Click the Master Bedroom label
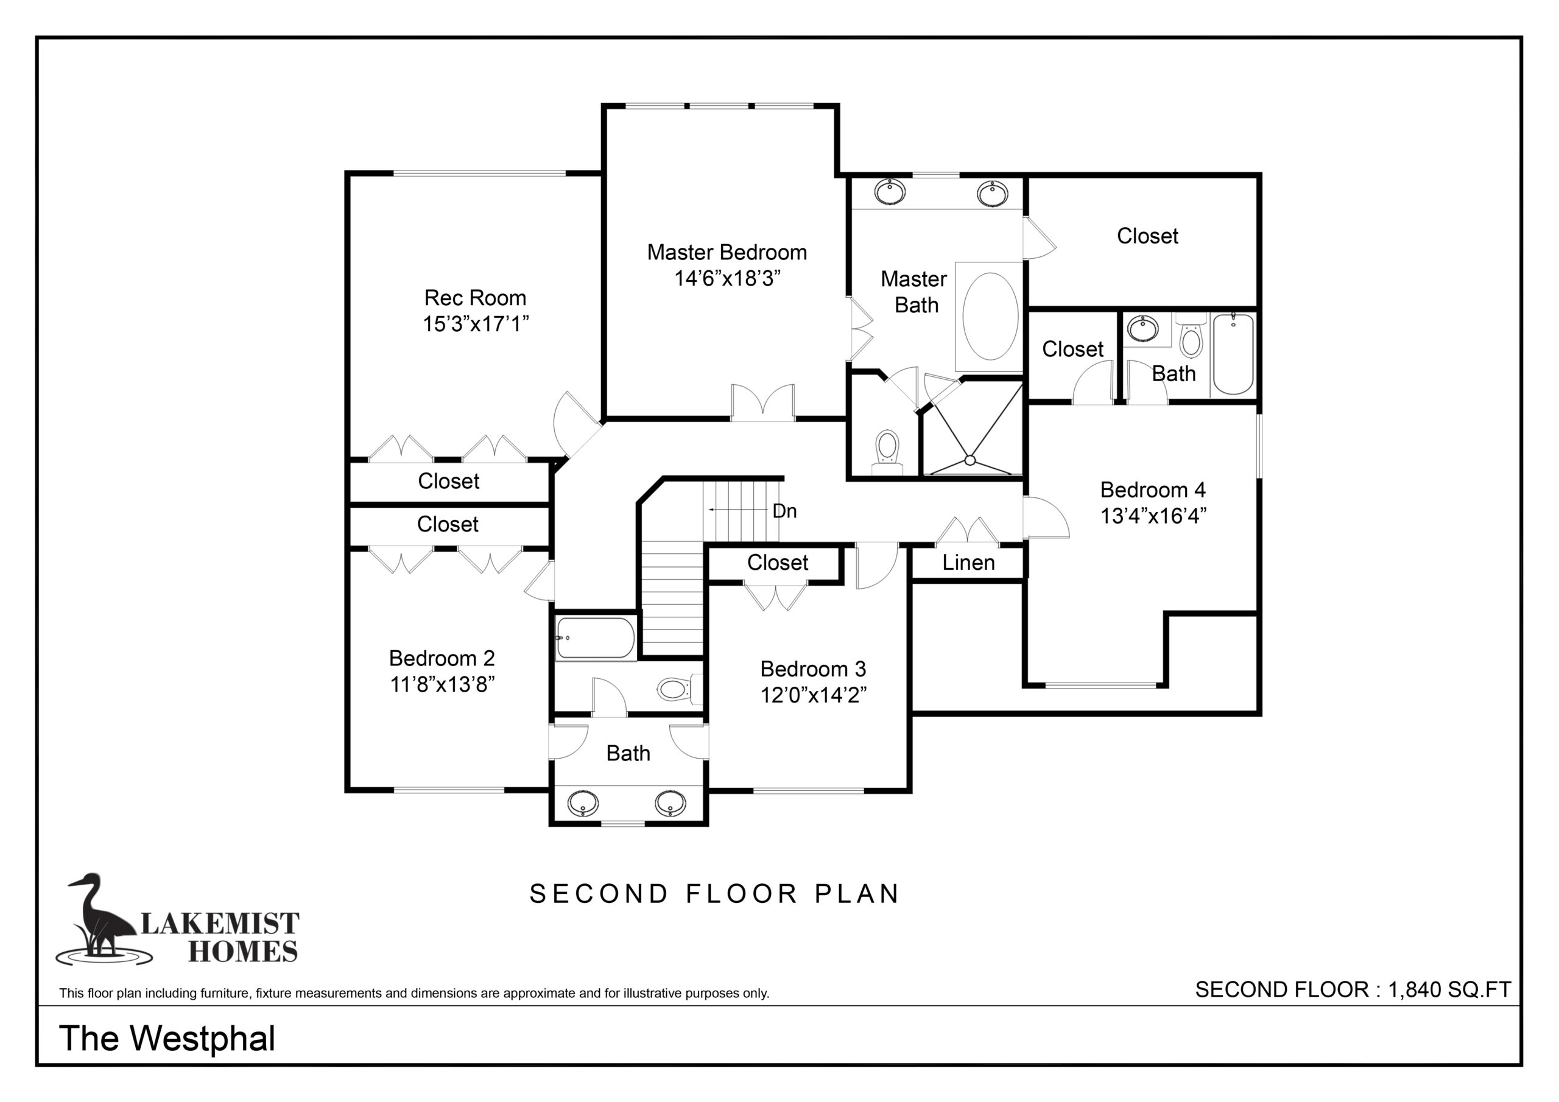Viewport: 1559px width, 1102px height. coord(727,253)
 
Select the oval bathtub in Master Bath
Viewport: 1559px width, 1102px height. coord(990,317)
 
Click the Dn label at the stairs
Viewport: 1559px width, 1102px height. coord(784,511)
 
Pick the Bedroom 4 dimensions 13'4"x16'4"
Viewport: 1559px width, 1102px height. coord(1153,516)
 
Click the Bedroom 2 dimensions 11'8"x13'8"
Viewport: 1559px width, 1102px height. coord(442,684)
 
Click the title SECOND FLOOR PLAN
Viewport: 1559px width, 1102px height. coord(714,894)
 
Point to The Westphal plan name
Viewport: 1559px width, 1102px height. coord(167,1038)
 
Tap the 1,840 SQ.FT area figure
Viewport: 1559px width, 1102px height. coord(1449,989)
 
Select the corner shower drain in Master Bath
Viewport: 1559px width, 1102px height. coord(970,460)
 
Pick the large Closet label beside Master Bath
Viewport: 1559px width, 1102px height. coord(1147,236)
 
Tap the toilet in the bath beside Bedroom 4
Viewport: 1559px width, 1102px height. coord(1191,335)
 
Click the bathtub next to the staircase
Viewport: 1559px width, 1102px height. coord(596,638)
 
